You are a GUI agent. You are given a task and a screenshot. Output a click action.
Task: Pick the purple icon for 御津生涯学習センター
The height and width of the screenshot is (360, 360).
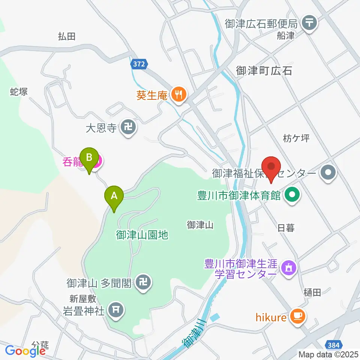pyautogui.click(x=289, y=268)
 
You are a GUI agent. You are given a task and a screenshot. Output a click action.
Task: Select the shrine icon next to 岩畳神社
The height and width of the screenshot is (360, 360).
pyautogui.click(x=116, y=309)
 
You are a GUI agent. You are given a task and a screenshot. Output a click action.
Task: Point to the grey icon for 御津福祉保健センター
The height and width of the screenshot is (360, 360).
pyautogui.click(x=329, y=173)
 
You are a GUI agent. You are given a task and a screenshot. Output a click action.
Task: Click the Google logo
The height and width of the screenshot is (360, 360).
pyautogui.click(x=25, y=351)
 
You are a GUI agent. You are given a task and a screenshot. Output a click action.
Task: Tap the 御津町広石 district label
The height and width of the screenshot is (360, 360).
pyautogui.click(x=264, y=70)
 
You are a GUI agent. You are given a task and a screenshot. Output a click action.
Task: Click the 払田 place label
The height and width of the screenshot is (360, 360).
pyautogui.click(x=67, y=36)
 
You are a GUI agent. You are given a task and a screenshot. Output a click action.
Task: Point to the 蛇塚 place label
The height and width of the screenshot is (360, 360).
pyautogui.click(x=19, y=91)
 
